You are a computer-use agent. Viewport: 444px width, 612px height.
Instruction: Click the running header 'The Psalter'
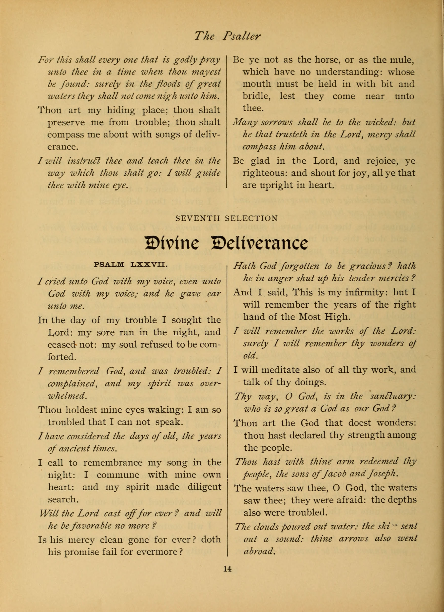(x=227, y=36)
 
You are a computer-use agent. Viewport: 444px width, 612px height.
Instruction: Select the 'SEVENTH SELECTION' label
(x=226, y=218)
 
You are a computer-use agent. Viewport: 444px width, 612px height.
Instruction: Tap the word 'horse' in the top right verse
(x=327, y=60)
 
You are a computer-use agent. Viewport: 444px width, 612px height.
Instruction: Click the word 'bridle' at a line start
(x=256, y=96)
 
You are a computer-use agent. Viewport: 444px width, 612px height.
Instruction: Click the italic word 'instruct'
(x=84, y=161)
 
